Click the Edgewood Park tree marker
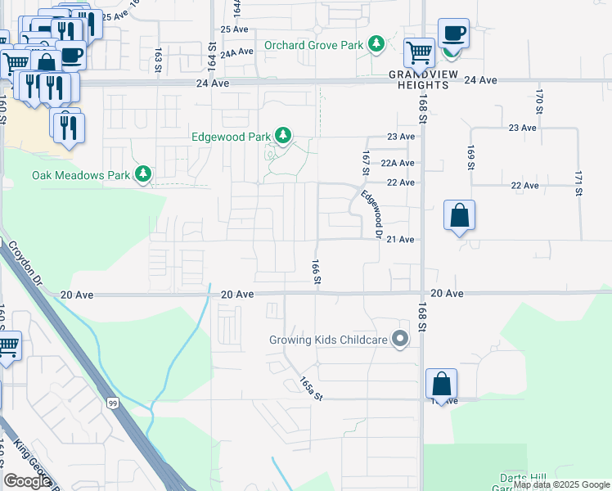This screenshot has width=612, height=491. (x=283, y=135)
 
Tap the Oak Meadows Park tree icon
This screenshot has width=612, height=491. (x=144, y=173)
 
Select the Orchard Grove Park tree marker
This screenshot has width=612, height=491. (x=376, y=43)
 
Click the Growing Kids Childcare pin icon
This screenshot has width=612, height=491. (x=400, y=338)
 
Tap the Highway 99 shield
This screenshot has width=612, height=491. (x=111, y=402)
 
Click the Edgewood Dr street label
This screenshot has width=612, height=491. (x=373, y=214)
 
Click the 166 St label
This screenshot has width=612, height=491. (x=316, y=273)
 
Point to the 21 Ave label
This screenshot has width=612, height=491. (x=400, y=239)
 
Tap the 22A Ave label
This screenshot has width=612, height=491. (x=398, y=163)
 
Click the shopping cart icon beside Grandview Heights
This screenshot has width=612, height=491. (x=420, y=52)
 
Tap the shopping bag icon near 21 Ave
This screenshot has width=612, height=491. (x=460, y=216)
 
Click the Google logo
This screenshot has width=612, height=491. (x=27, y=481)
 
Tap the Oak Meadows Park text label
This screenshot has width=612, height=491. (x=81, y=175)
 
